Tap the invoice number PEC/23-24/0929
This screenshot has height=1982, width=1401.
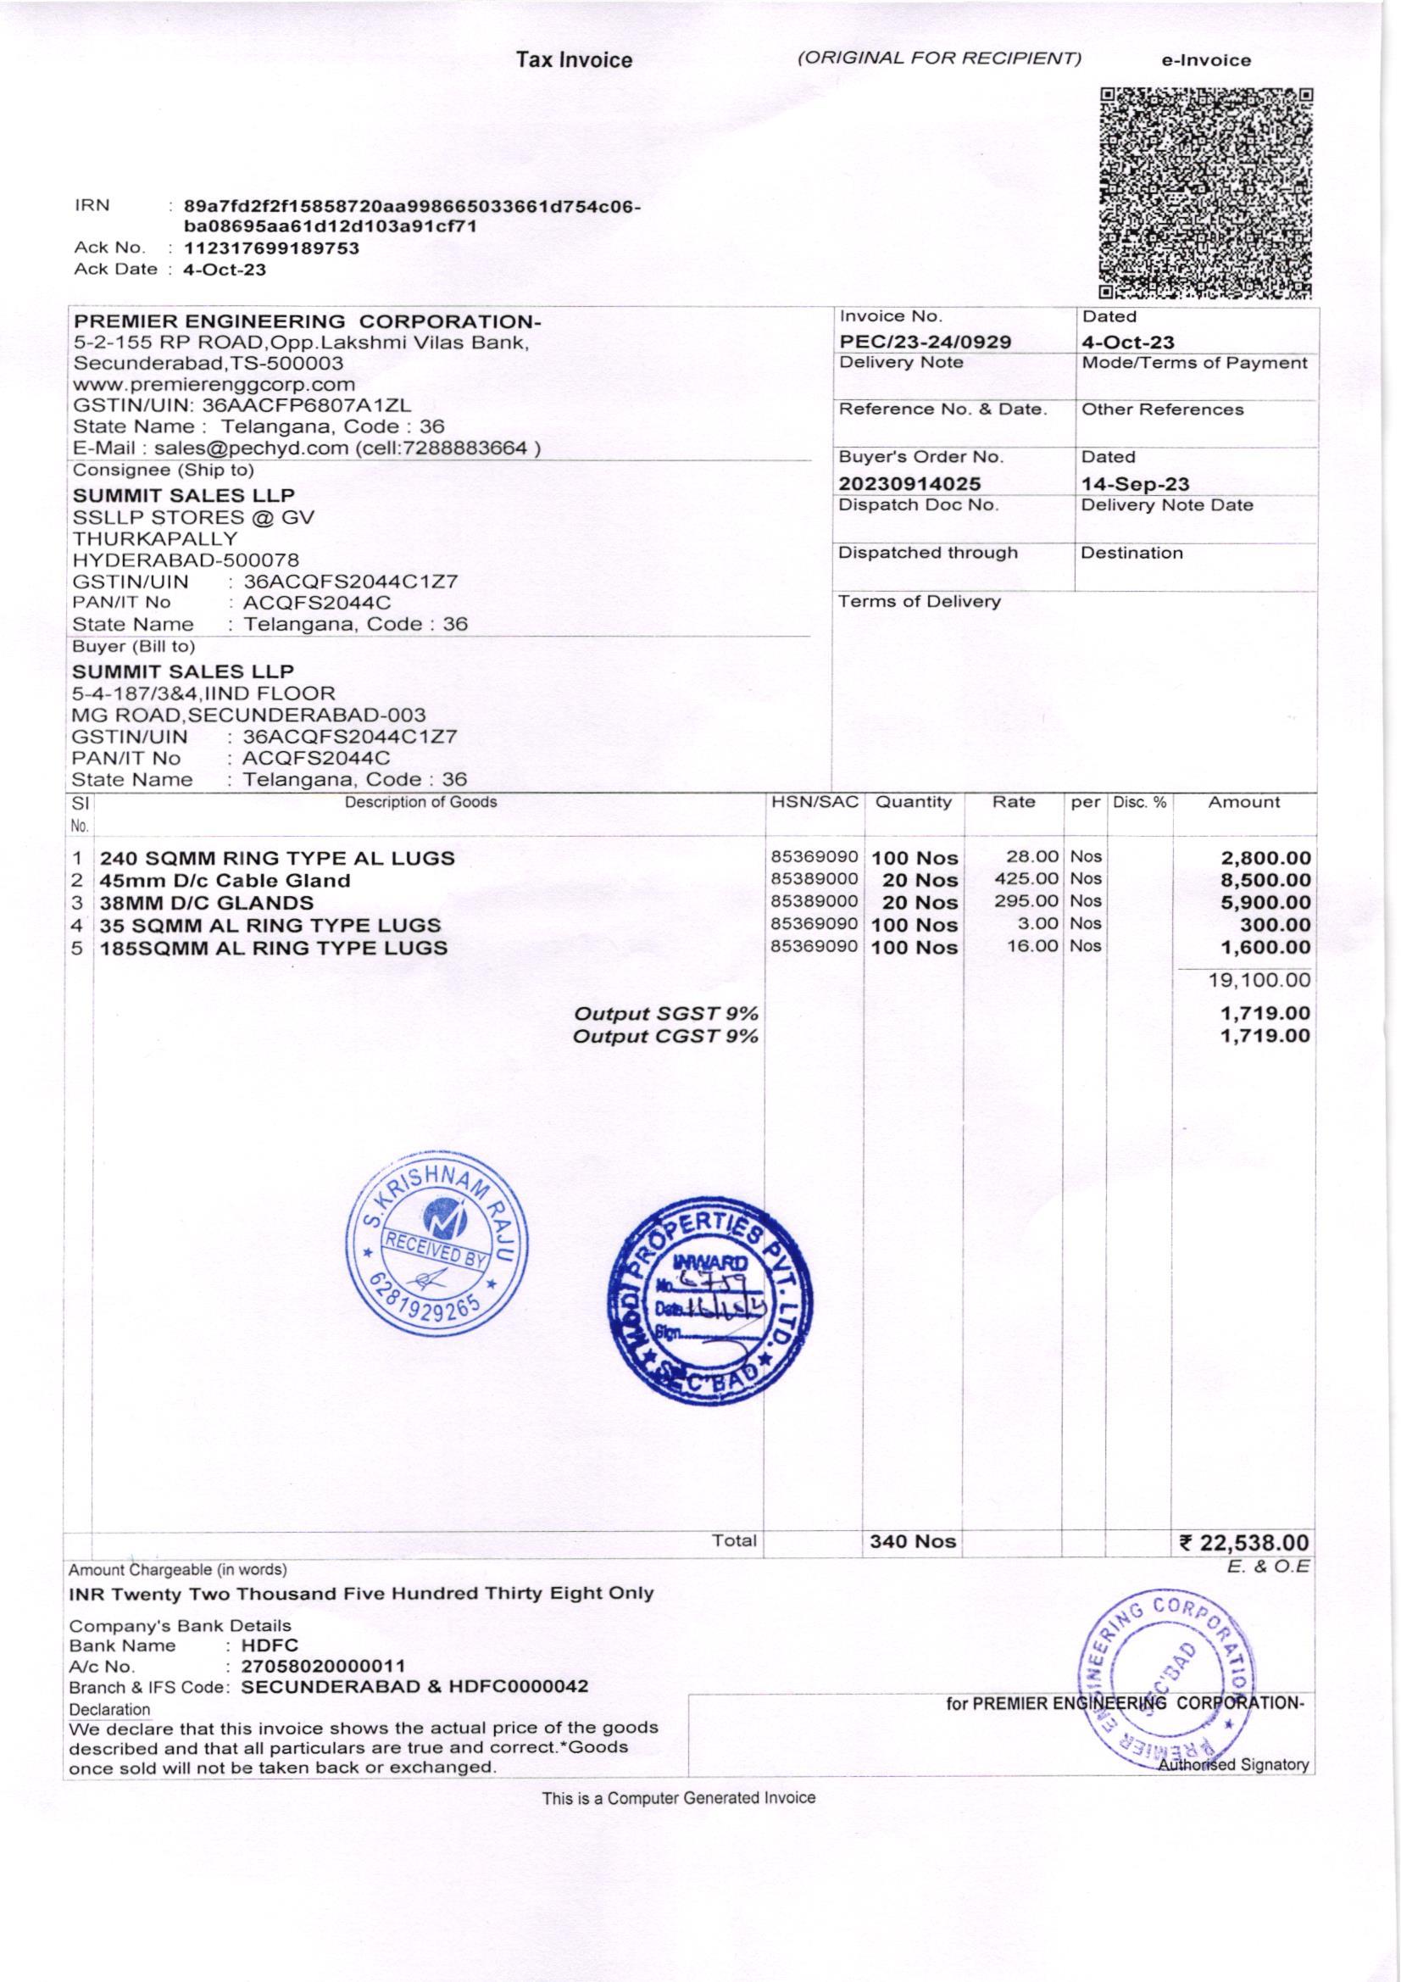point(925,342)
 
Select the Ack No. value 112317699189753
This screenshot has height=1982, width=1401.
point(272,248)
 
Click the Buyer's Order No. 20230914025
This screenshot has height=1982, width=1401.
point(909,483)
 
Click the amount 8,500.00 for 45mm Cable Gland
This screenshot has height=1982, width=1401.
point(1265,881)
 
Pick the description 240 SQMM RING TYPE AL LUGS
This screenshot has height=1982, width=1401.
point(277,858)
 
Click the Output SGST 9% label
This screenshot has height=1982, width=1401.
point(666,1013)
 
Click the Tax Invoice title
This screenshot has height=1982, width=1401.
point(574,60)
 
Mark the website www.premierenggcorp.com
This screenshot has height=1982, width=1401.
point(214,384)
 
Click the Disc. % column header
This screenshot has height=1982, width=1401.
point(1139,802)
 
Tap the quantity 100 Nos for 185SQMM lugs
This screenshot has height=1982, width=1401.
point(915,947)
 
